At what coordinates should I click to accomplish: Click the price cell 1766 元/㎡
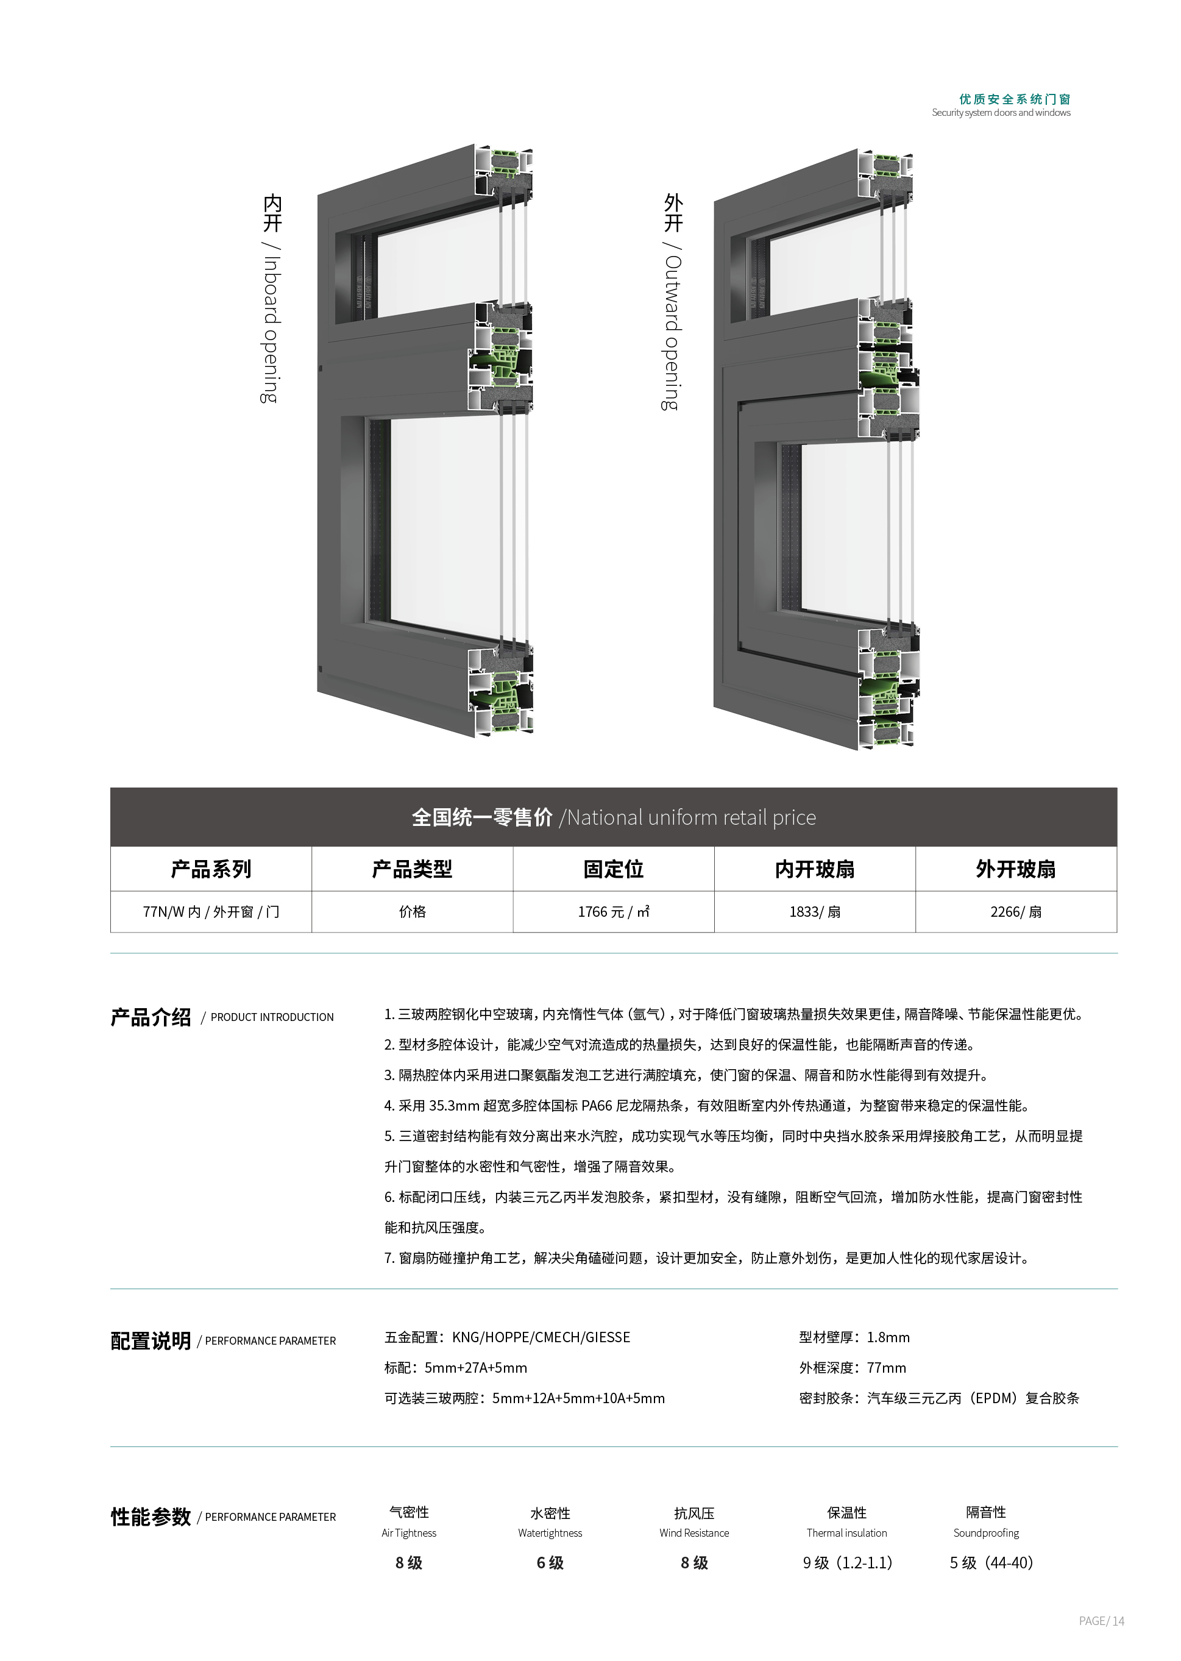(x=613, y=911)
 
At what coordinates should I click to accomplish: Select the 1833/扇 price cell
(x=815, y=911)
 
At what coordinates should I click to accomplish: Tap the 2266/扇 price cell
(x=1016, y=911)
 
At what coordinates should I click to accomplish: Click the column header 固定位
(x=613, y=869)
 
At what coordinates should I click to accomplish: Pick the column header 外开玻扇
(x=1016, y=869)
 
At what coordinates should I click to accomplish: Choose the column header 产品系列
(x=211, y=869)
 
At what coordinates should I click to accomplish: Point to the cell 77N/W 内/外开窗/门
(x=211, y=911)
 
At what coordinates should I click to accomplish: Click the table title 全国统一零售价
(x=482, y=817)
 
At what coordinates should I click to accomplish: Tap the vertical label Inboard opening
(x=271, y=329)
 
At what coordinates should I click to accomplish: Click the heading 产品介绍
(x=151, y=1017)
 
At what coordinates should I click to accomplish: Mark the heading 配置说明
(x=151, y=1340)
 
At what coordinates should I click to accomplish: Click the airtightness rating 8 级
(x=409, y=1562)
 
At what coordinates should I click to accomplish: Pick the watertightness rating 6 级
(x=550, y=1562)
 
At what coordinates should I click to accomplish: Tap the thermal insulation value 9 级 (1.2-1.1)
(x=847, y=1562)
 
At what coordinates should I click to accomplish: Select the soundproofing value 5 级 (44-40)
(x=991, y=1562)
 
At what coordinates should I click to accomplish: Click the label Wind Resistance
(x=693, y=1532)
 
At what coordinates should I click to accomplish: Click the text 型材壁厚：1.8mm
(x=854, y=1337)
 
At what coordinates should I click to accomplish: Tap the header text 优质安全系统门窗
(x=1015, y=99)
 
